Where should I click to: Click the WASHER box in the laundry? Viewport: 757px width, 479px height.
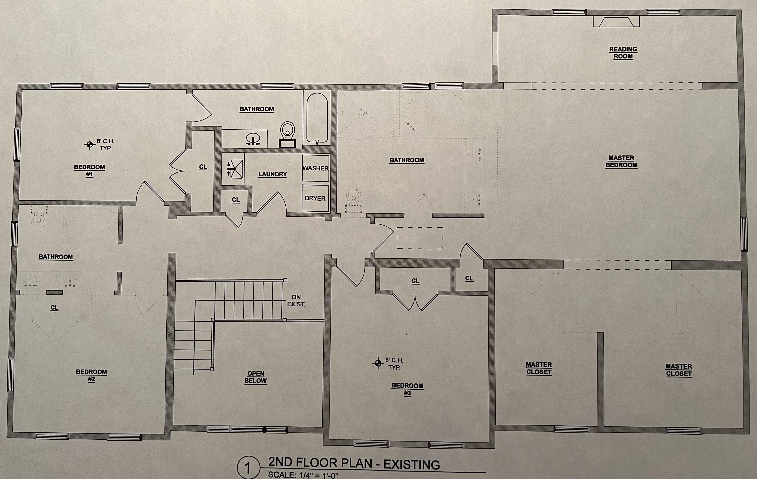click(x=315, y=168)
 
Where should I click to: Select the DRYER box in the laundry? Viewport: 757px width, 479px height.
click(x=315, y=198)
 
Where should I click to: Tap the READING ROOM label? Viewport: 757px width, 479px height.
click(x=623, y=53)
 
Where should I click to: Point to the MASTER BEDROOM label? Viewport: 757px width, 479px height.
click(x=622, y=161)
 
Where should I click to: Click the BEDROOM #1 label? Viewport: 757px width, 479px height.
click(x=90, y=170)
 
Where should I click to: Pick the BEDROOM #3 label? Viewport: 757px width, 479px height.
click(x=407, y=389)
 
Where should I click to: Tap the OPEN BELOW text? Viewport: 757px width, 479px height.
click(x=255, y=377)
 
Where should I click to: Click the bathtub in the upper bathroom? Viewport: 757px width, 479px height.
click(x=317, y=119)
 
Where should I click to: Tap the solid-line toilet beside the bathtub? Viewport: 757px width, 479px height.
click(x=287, y=134)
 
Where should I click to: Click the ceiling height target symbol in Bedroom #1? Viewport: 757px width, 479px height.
click(x=90, y=144)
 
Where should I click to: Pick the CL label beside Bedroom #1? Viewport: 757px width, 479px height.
click(x=203, y=167)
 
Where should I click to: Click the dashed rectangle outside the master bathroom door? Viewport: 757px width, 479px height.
click(x=420, y=238)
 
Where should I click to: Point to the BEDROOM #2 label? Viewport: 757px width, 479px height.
click(x=91, y=375)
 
